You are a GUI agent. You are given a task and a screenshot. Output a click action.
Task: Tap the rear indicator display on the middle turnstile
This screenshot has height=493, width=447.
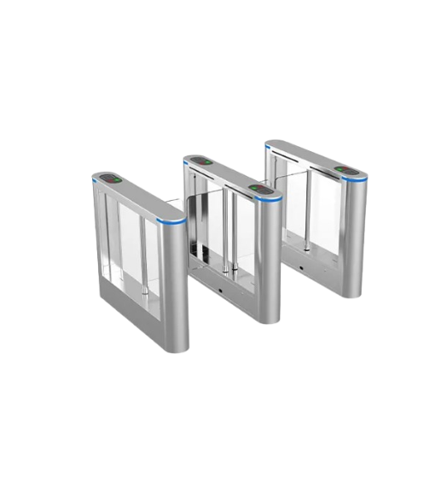tap(201, 161)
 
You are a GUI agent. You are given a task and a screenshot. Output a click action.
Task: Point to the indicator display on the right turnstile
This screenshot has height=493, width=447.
tap(345, 169)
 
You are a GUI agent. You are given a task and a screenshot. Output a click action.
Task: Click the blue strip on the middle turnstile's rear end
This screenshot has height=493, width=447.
tap(184, 163)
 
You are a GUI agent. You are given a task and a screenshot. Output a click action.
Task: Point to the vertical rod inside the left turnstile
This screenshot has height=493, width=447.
tap(145, 256)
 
